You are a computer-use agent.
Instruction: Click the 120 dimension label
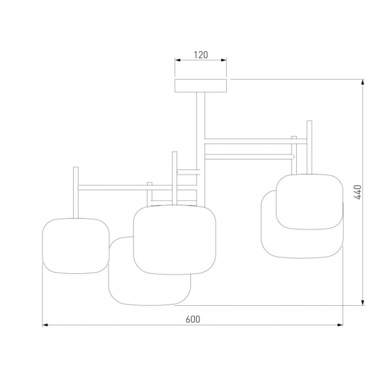[x=201, y=54]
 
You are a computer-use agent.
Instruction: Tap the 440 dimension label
[x=358, y=192]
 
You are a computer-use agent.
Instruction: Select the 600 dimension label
[x=193, y=319]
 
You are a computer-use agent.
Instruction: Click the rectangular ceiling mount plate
[x=201, y=86]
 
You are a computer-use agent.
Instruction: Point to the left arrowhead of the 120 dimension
[x=178, y=60]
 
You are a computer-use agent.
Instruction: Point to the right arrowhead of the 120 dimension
[x=224, y=60]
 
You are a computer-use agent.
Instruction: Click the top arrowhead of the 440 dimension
[x=363, y=82]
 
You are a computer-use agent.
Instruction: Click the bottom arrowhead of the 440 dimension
[x=363, y=303]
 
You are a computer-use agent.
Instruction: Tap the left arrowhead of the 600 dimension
[x=45, y=325]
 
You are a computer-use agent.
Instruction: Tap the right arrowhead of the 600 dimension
[x=340, y=325]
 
